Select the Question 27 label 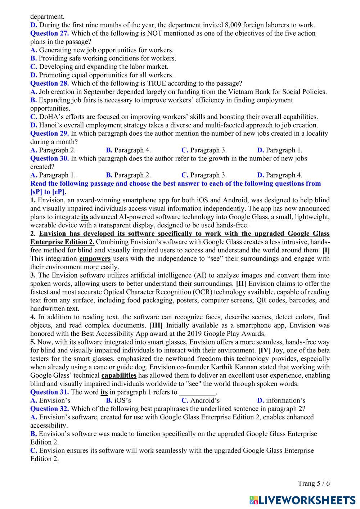[49, 33]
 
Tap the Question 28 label [49, 83]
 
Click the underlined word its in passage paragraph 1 [85, 217]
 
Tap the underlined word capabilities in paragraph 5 [119, 375]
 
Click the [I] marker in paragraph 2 [326, 250]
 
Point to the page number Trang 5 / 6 [314, 483]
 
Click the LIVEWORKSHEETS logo [302, 500]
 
